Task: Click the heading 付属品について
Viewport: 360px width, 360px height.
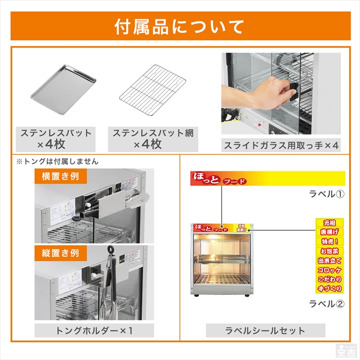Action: [x=179, y=26]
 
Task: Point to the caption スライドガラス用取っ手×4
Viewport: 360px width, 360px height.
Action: [x=281, y=145]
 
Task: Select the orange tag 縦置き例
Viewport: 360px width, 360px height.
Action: [x=57, y=253]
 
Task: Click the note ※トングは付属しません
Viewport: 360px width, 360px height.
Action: [x=57, y=161]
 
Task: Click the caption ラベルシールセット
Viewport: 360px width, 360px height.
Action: [x=265, y=331]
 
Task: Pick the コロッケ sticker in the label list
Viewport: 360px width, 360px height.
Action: [x=329, y=270]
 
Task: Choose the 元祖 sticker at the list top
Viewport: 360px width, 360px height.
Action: [x=329, y=223]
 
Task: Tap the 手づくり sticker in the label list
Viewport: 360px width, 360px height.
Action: [x=329, y=289]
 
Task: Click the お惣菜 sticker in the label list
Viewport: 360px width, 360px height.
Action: [x=329, y=251]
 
